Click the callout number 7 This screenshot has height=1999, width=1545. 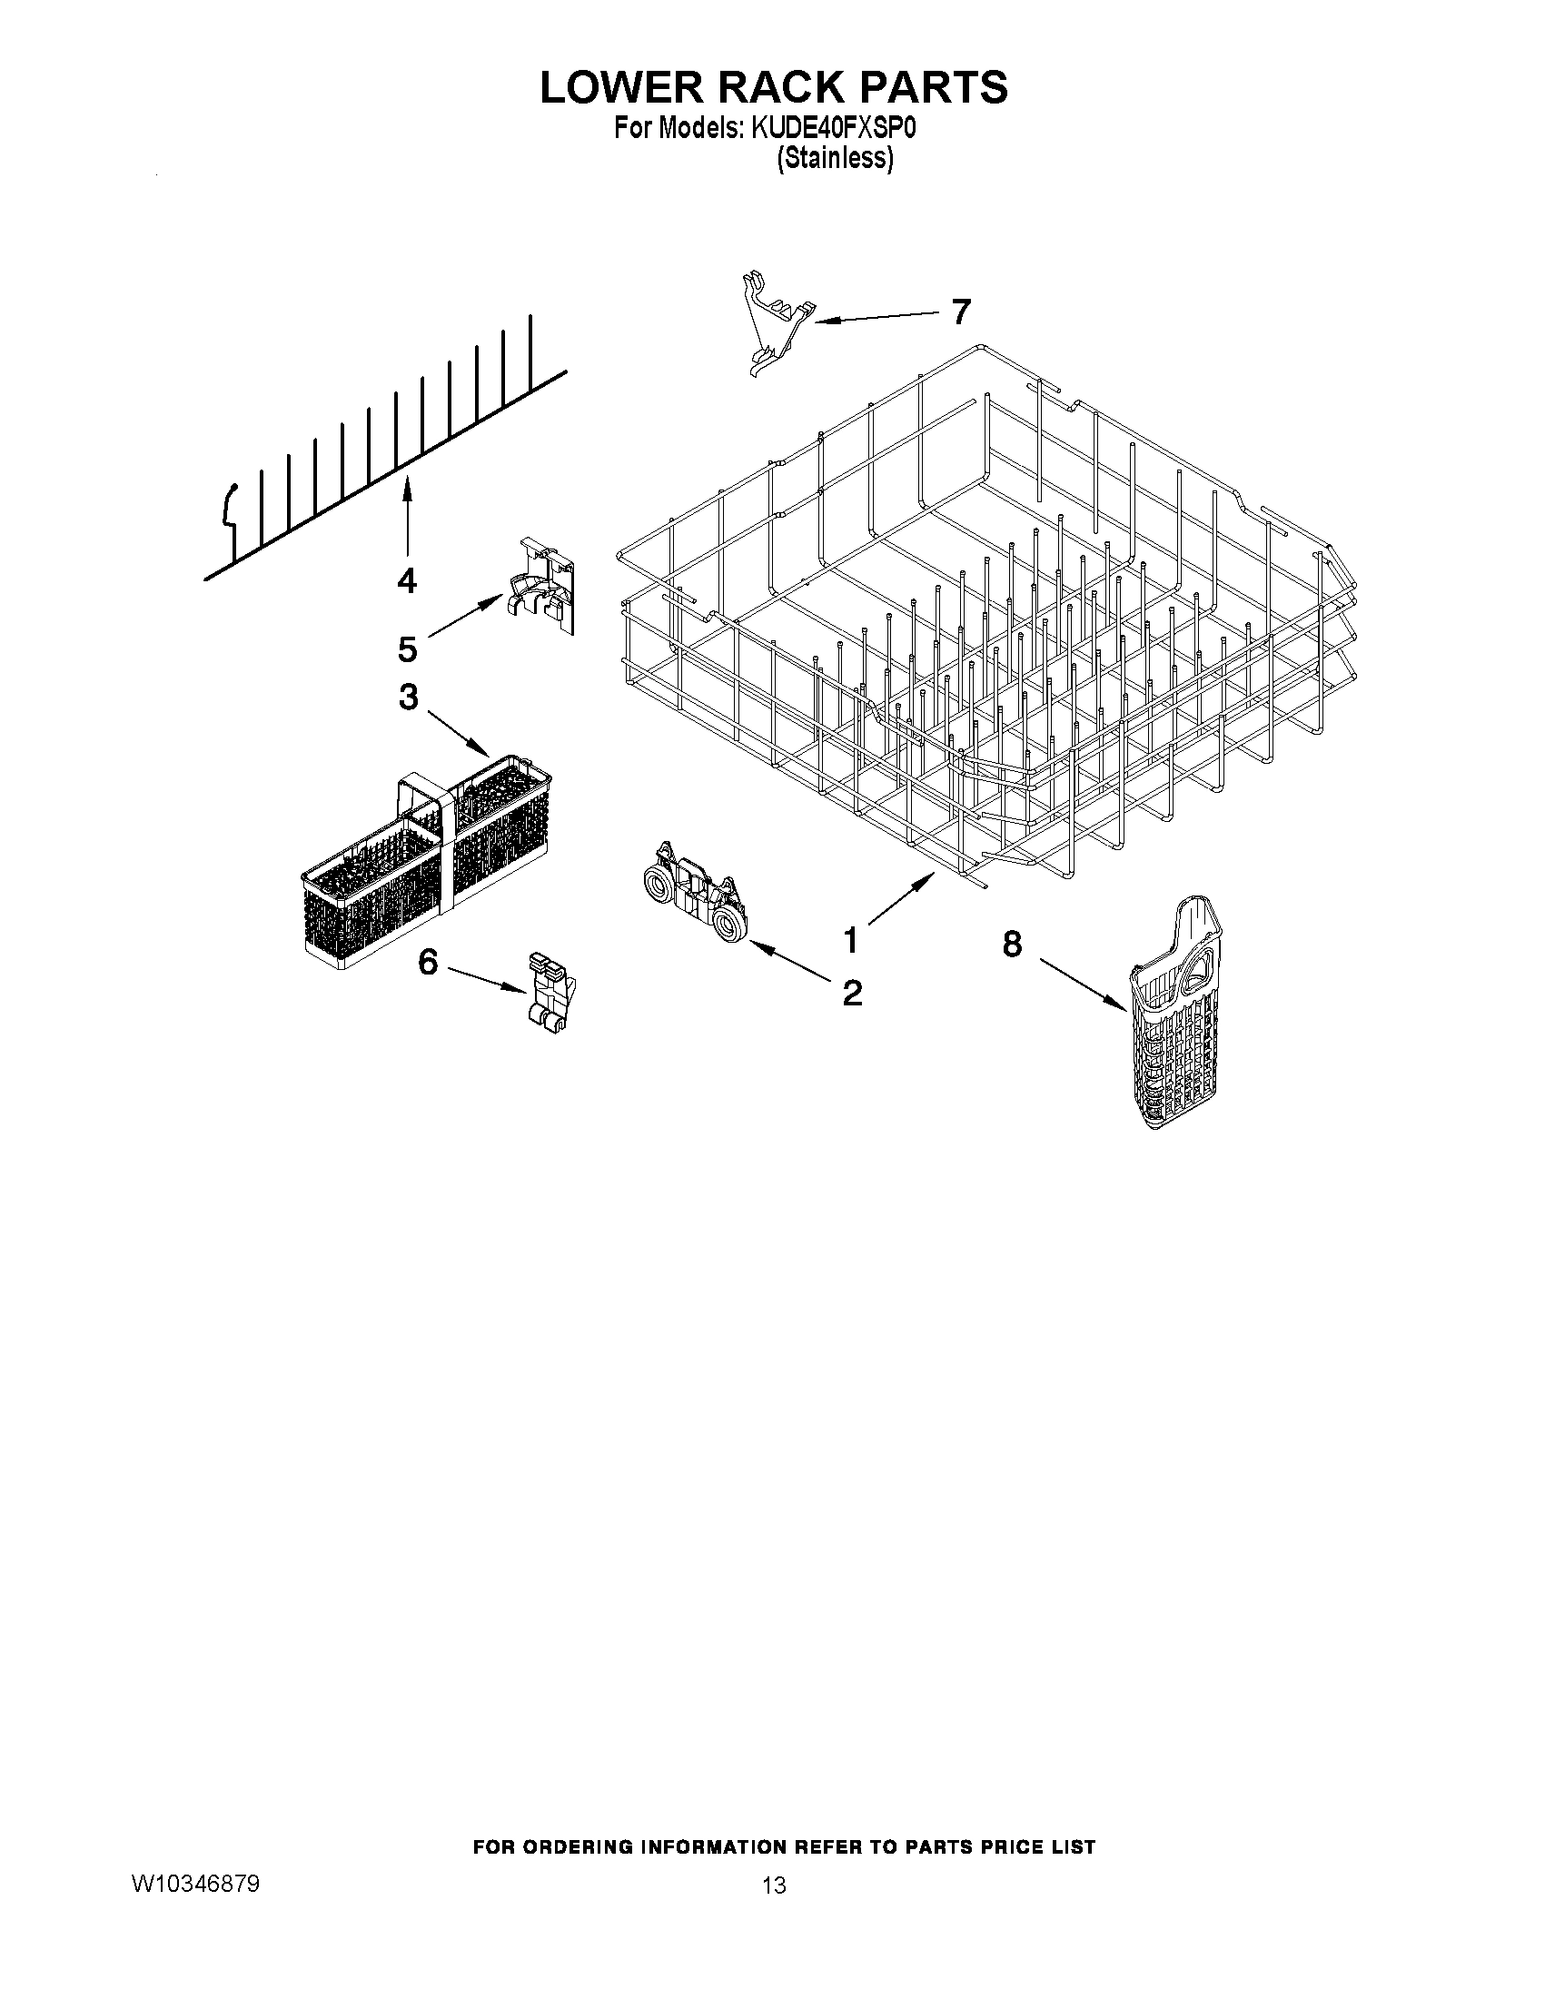959,312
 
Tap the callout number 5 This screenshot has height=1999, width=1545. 407,649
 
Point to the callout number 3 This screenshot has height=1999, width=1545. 408,697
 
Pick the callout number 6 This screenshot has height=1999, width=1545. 429,961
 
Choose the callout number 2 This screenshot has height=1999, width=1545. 851,992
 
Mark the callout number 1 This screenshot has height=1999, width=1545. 851,939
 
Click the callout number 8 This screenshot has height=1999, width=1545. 1012,944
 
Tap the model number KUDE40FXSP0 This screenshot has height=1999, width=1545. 833,129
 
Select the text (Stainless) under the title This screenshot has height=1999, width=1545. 834,158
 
